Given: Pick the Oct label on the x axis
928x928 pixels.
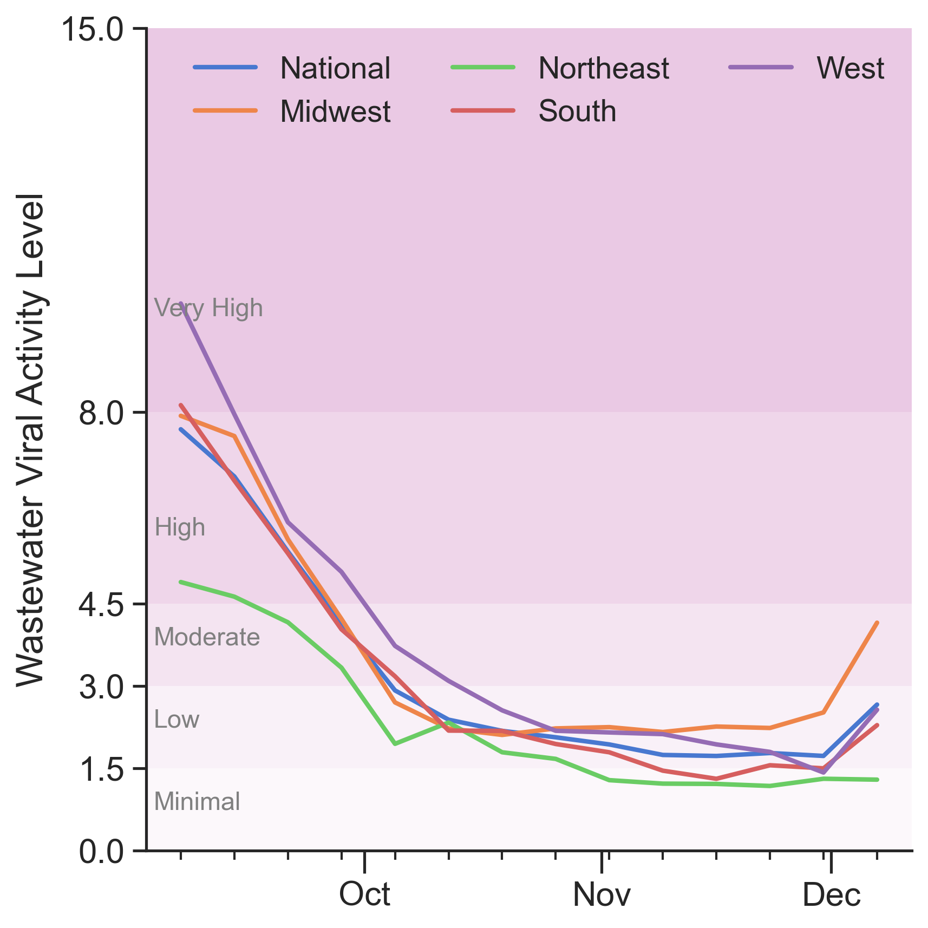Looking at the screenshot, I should point(364,894).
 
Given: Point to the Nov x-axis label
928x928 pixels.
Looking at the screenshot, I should point(602,894).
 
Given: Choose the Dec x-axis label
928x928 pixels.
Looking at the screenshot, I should point(831,894).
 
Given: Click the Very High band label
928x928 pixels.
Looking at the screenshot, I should point(208,309).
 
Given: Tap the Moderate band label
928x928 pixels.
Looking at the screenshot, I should point(207,637).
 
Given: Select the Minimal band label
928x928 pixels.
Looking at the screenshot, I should point(197,802).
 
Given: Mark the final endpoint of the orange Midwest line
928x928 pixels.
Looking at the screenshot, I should point(877,623).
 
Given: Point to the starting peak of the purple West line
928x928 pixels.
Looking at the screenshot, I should point(181,304).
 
